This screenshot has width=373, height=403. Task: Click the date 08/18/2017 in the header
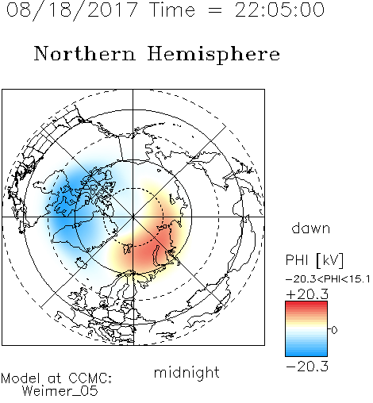pos(72,10)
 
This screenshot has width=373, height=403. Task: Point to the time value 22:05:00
pos(279,10)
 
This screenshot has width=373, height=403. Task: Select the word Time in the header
pos(172,10)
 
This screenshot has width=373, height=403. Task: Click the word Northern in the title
pos(85,54)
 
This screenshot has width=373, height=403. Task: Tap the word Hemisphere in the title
pos(213,55)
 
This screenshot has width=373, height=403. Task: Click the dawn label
pos(311,228)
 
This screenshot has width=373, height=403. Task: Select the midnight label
pos(186,372)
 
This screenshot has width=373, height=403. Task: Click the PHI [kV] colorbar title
pos(314,260)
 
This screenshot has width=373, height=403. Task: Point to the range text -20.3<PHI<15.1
pos(328,279)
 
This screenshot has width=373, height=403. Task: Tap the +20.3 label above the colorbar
pos(307,294)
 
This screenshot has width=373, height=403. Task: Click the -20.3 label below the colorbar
pos(307,367)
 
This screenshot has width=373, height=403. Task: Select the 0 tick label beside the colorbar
pos(334,330)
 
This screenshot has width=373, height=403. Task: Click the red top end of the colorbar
pos(306,303)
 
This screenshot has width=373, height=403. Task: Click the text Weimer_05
pos(60,390)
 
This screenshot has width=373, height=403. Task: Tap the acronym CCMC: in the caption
pos(90,378)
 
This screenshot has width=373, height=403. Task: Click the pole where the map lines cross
pos(133,217)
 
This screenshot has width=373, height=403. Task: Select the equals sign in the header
pos(215,11)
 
